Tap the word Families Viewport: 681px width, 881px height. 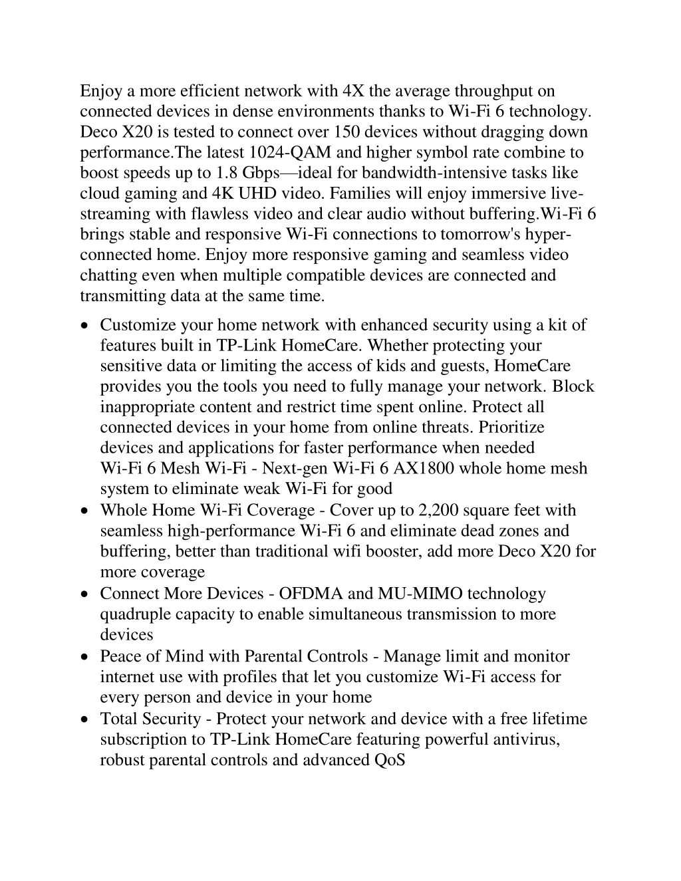tap(358, 193)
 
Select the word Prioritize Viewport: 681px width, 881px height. tap(511, 427)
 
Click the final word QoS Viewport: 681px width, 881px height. tap(390, 759)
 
